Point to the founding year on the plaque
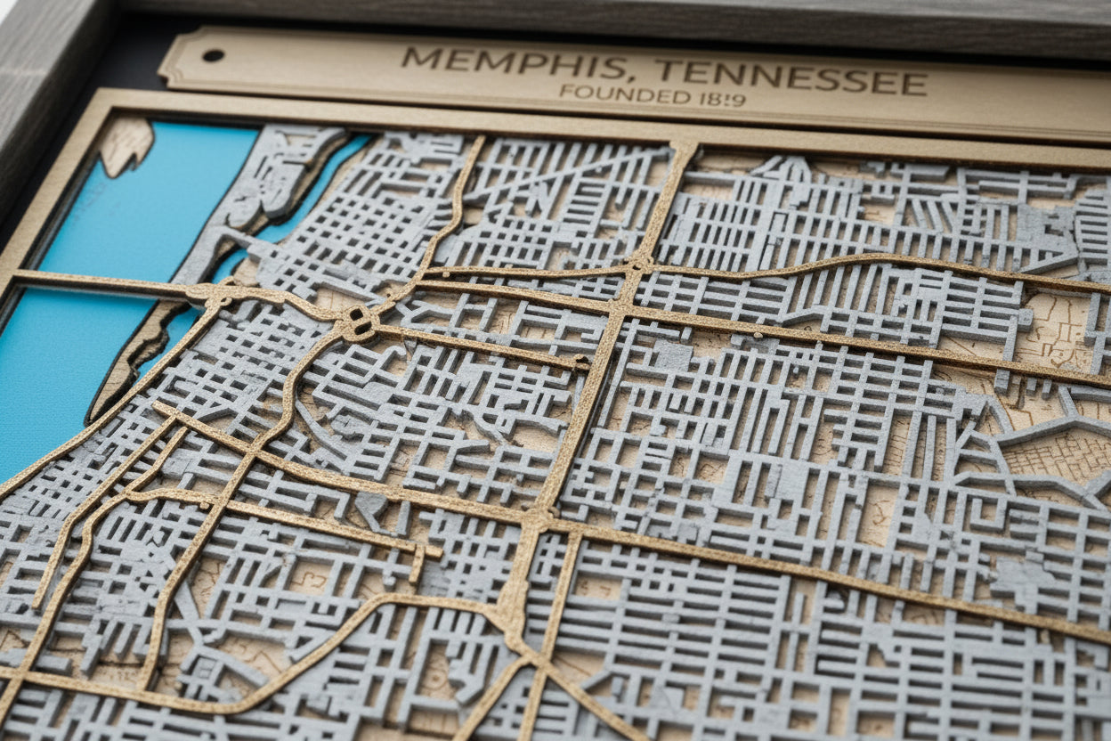[722, 99]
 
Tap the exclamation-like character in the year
[729, 99]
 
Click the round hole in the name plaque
[213, 55]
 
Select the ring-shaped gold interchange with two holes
[359, 323]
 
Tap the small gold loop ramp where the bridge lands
[216, 296]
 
